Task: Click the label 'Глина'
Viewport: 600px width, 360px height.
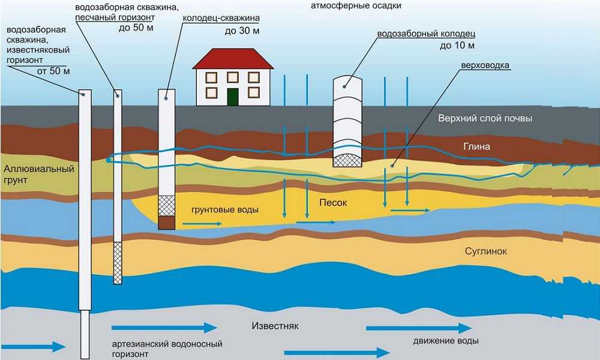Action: click(x=477, y=147)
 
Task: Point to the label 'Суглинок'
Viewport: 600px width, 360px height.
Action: click(x=486, y=251)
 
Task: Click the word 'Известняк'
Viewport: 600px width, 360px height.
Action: click(x=274, y=326)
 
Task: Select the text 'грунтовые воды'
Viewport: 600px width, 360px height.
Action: click(x=225, y=211)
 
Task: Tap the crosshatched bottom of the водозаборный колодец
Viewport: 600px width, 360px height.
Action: click(x=347, y=158)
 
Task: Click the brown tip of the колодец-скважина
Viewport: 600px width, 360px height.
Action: click(x=167, y=223)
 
